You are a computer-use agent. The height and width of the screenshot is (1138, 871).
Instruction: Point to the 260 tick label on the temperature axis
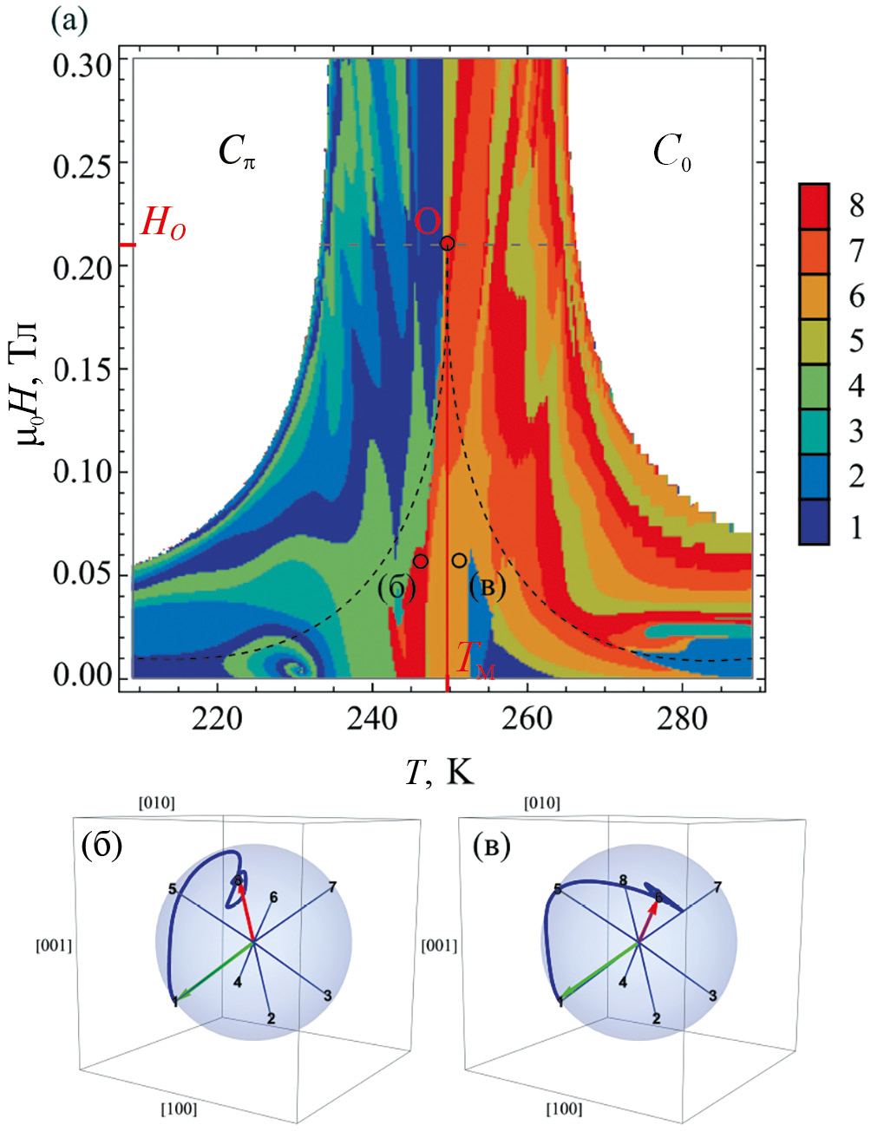(x=527, y=720)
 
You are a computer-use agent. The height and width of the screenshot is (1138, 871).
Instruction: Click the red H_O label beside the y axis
(x=163, y=226)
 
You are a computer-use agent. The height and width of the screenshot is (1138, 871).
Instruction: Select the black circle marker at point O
(x=448, y=243)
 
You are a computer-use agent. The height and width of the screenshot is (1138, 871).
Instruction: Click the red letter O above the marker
(x=426, y=221)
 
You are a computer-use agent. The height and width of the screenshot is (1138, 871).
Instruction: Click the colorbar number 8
(x=855, y=206)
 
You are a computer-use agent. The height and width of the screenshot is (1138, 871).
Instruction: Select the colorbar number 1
(x=855, y=526)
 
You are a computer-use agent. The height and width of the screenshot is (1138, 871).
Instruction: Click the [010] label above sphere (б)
(x=156, y=803)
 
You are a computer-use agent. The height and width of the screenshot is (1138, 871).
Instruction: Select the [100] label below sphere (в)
(x=563, y=1108)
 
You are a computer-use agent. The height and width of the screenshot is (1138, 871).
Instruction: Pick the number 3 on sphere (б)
(x=327, y=997)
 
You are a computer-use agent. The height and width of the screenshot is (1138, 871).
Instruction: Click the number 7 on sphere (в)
(x=717, y=887)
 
